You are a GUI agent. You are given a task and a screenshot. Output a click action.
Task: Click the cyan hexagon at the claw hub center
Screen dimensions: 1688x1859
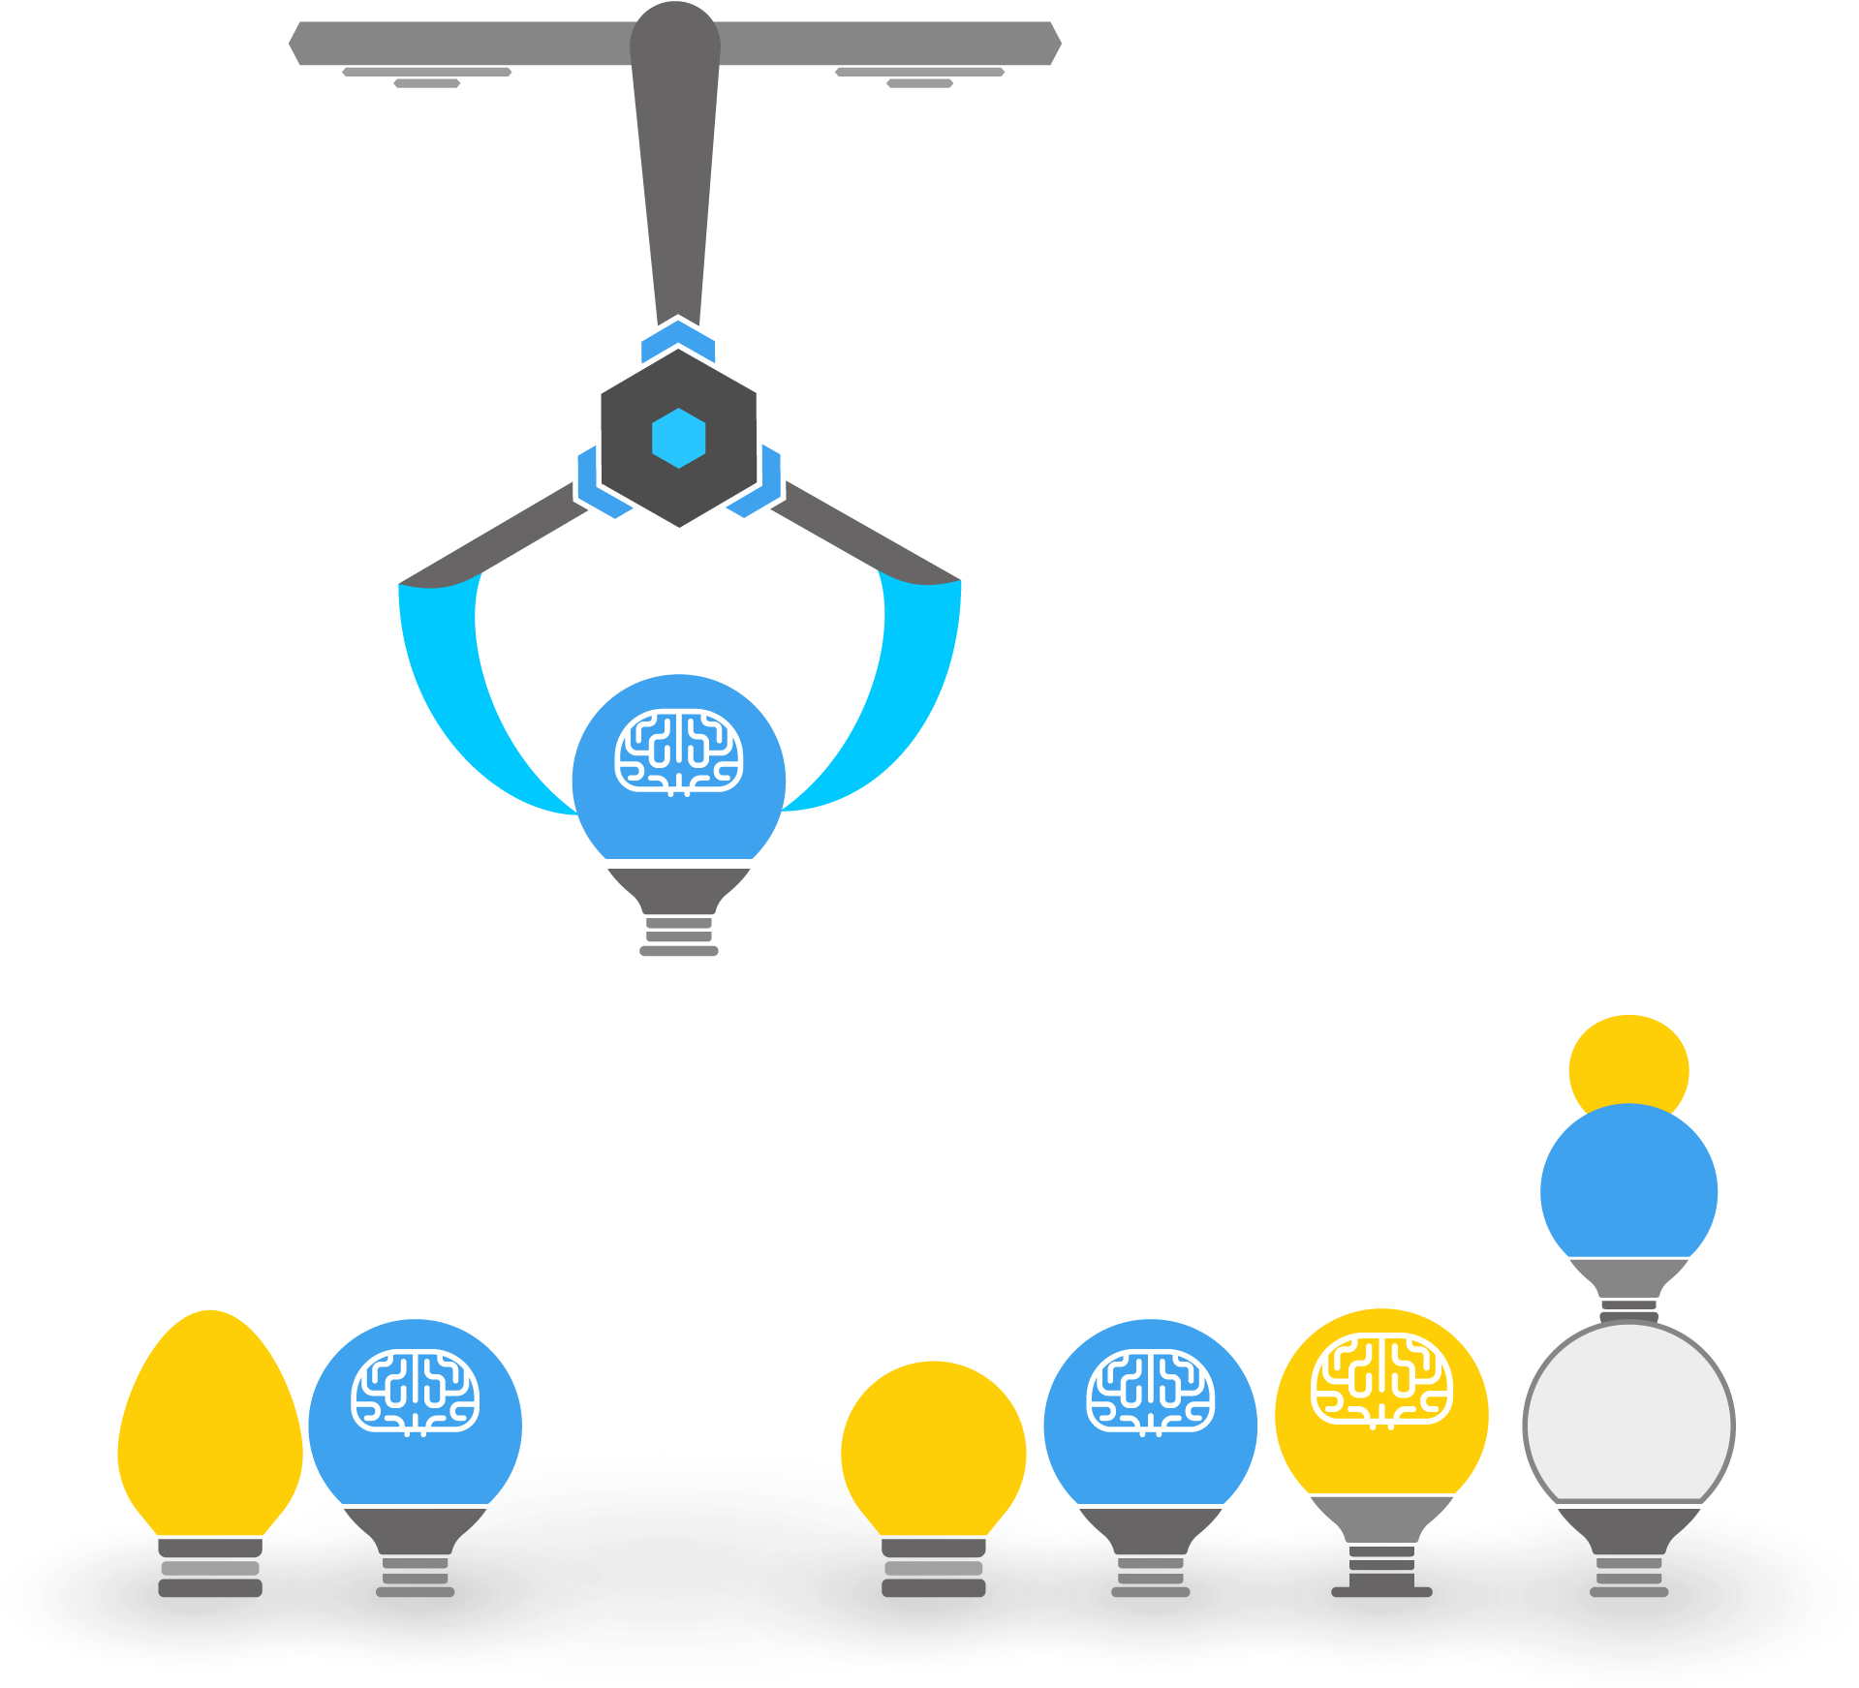tap(678, 438)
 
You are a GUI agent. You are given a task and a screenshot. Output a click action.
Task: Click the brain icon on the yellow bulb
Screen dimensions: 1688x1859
tap(1381, 1380)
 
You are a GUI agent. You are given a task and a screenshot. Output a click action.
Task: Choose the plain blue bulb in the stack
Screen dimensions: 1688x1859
tap(1628, 1186)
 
